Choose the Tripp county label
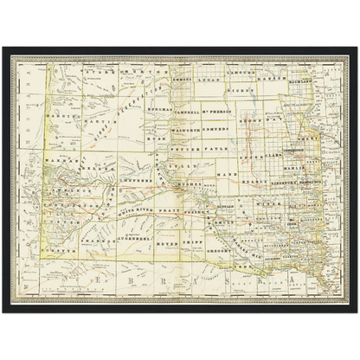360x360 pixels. tap(172, 234)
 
